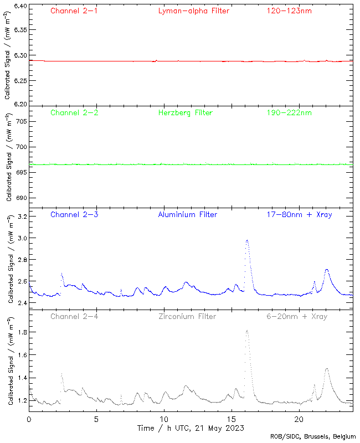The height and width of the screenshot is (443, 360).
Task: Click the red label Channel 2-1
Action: (x=74, y=11)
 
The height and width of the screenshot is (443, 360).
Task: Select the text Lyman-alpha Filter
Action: (x=193, y=11)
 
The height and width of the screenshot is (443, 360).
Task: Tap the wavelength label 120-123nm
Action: (x=289, y=11)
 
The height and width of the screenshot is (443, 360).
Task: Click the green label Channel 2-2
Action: (x=74, y=112)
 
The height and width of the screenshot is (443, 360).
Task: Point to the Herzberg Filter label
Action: (x=185, y=112)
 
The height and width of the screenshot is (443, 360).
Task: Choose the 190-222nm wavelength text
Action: (x=289, y=112)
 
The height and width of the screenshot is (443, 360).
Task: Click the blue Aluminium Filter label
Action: (x=187, y=214)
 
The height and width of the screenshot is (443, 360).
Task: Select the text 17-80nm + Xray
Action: (x=299, y=214)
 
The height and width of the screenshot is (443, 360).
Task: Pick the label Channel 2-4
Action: (x=74, y=316)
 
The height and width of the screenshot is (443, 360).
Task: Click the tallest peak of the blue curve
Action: (x=247, y=240)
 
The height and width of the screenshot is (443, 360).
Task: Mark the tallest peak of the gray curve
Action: (x=246, y=331)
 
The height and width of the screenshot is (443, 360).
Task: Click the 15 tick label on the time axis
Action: (x=232, y=419)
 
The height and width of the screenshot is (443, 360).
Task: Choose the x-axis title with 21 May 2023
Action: (x=191, y=428)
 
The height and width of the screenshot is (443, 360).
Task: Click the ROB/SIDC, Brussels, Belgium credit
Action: (x=313, y=437)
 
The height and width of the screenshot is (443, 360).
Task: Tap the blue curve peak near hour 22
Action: (x=327, y=269)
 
